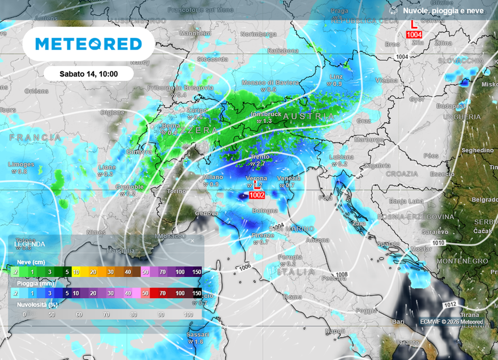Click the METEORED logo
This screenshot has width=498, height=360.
tap(89, 44)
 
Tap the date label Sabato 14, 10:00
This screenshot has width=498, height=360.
tap(89, 74)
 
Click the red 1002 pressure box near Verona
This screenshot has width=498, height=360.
tap(256, 195)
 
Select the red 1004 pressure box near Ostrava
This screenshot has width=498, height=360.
tap(414, 35)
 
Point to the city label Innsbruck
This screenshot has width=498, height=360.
tap(266, 114)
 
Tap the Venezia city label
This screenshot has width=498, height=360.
tap(289, 179)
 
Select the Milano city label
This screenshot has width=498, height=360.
tap(213, 178)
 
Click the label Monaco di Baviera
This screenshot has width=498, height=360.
tap(270, 83)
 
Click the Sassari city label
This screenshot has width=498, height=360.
tap(198, 335)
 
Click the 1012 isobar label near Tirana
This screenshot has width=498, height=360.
tap(449, 304)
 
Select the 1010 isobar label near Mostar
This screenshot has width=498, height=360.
tap(438, 242)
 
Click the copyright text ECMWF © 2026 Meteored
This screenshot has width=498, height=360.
tap(451, 322)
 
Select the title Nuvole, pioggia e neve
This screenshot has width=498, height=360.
tap(444, 11)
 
